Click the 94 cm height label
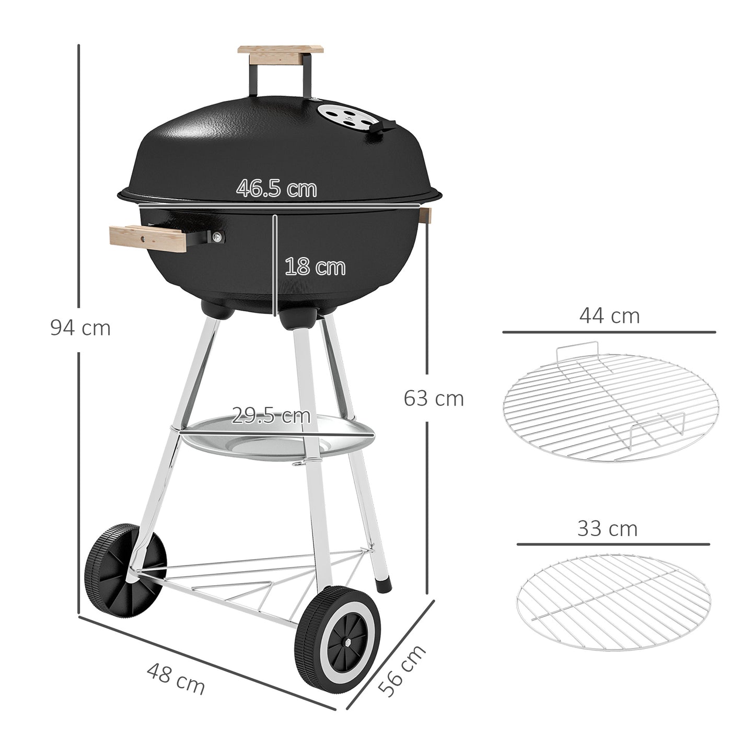pyautogui.click(x=80, y=328)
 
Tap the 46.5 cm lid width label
pyautogui.click(x=276, y=189)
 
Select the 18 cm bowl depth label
pyautogui.click(x=315, y=267)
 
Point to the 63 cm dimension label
pyautogui.click(x=434, y=399)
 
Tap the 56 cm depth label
pyautogui.click(x=402, y=671)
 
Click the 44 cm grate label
pyautogui.click(x=609, y=316)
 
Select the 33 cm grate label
pyautogui.click(x=607, y=529)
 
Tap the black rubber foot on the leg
pyautogui.click(x=384, y=584)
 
